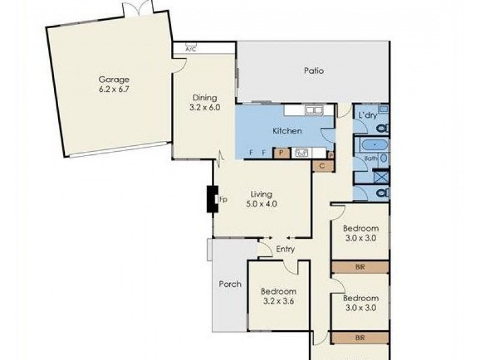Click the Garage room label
(x=114, y=79)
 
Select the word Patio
(x=313, y=71)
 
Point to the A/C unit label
(x=191, y=49)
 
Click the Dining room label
(x=204, y=98)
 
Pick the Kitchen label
(x=287, y=131)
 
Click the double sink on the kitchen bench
(x=313, y=110)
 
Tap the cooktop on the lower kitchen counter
(x=301, y=152)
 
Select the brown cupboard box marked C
(x=322, y=166)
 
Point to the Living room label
(x=262, y=194)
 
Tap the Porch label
(x=230, y=284)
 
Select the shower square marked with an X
(x=381, y=177)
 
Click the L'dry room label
(x=367, y=115)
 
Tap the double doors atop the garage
(x=138, y=10)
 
